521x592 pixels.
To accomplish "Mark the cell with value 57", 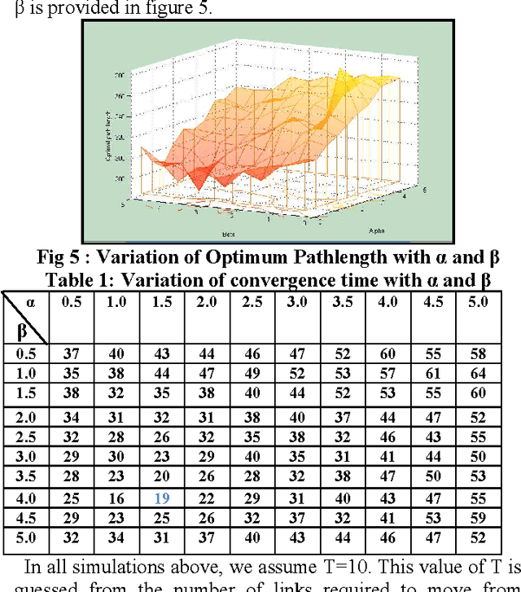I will (387, 373).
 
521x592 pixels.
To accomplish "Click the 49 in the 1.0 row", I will (253, 373).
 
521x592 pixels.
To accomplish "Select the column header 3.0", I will (297, 302).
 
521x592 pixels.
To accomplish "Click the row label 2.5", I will (27, 436).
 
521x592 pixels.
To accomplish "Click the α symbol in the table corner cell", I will (31, 301).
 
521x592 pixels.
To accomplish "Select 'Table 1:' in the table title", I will (78, 278).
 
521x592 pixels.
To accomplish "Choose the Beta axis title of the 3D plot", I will (193, 233).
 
